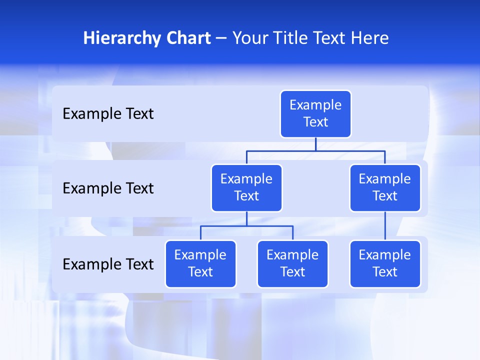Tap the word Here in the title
[x=369, y=38]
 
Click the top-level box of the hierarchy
[x=315, y=114]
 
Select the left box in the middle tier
[x=246, y=188]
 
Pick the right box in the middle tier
[x=385, y=188]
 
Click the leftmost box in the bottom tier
[x=200, y=264]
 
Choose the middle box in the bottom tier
[x=292, y=264]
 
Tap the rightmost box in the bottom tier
[x=385, y=264]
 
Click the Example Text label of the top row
[x=108, y=114]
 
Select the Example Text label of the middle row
[x=108, y=188]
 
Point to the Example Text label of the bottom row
[x=108, y=264]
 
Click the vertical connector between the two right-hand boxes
[x=385, y=226]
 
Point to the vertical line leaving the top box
[x=315, y=144]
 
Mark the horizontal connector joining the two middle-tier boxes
[x=315, y=150]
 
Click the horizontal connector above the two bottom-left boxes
[x=246, y=226]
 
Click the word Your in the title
[x=249, y=38]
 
